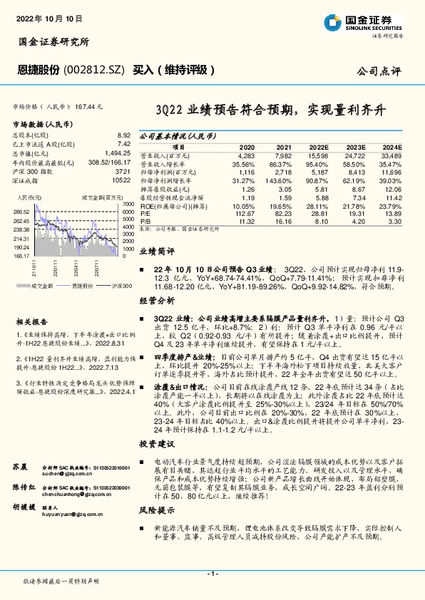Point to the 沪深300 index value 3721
(x=122, y=172)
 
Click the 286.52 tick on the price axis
(x=21, y=212)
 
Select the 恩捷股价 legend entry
(x=83, y=285)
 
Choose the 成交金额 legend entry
(x=43, y=285)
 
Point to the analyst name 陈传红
(x=24, y=466)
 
